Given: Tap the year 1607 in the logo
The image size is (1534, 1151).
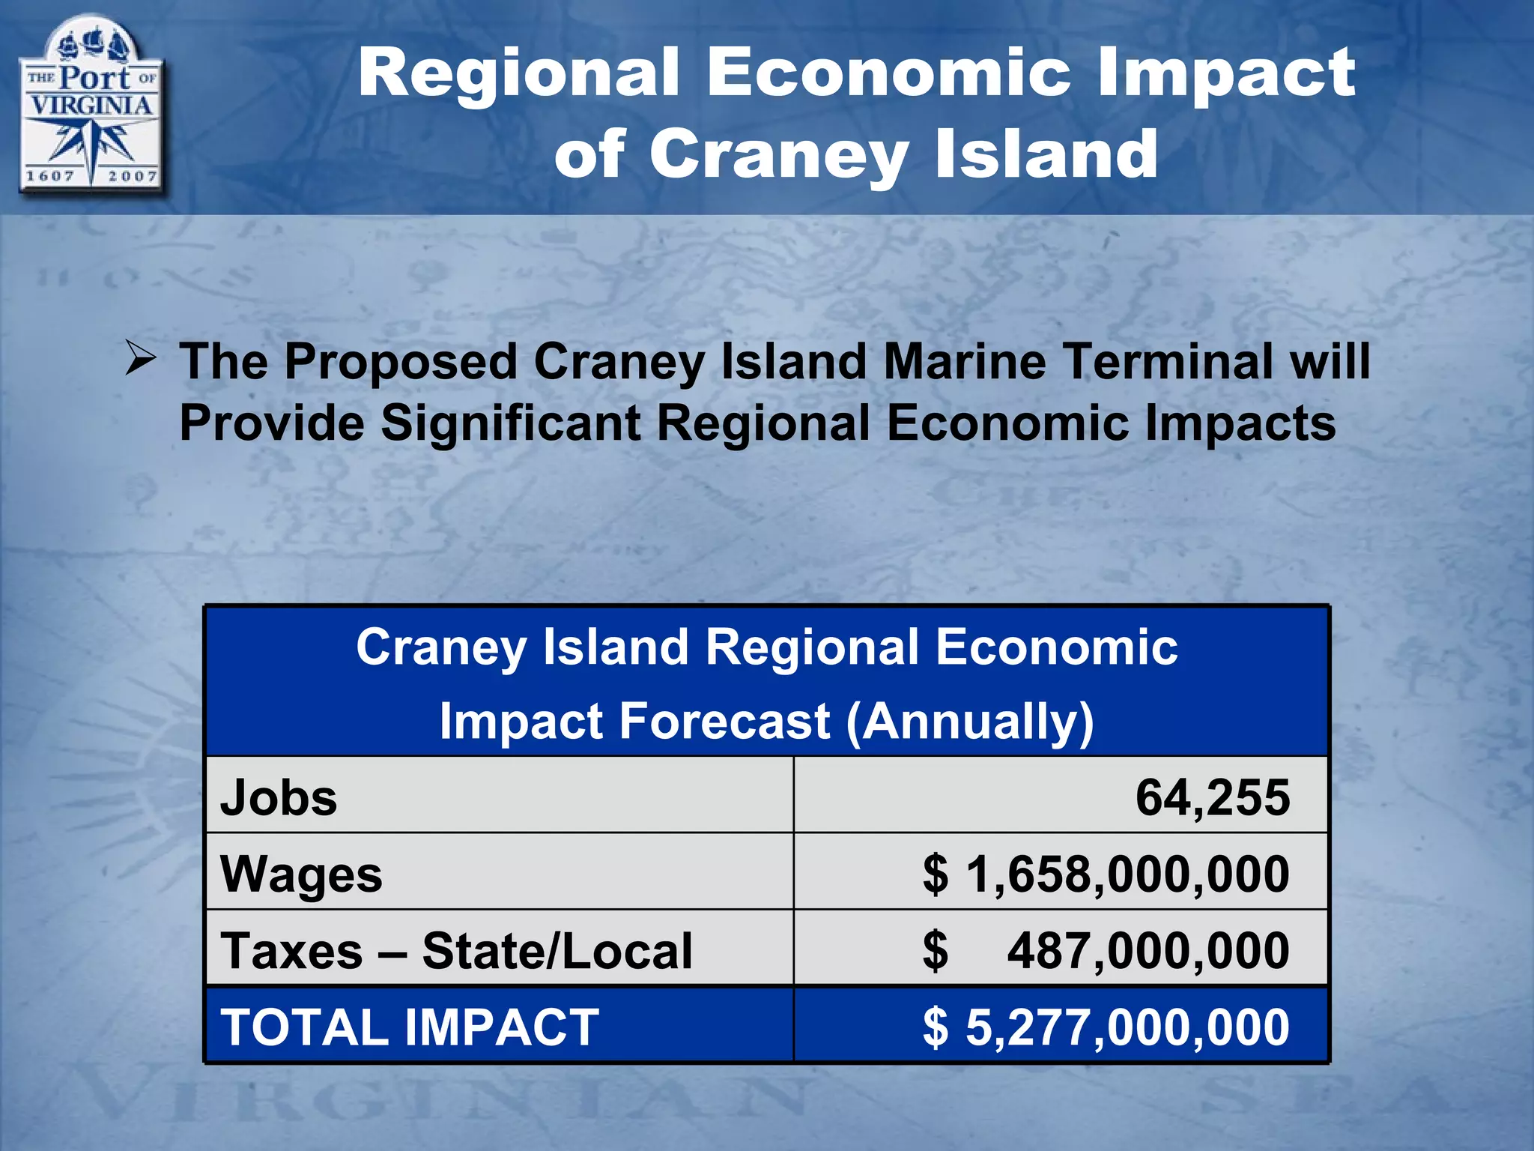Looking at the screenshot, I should (50, 176).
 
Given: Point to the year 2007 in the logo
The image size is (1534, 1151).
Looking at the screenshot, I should (132, 176).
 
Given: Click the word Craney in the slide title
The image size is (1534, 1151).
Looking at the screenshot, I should (779, 154).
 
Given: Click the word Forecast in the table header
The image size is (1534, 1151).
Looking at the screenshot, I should (725, 722).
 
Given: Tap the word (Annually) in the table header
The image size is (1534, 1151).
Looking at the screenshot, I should (969, 722).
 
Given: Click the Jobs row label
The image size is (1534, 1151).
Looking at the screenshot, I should (279, 797).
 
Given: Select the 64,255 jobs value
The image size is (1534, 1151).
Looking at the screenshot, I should (1212, 797).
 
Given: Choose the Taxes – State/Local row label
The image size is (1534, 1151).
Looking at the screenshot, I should (456, 951).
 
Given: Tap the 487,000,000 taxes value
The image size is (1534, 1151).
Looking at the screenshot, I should (1148, 951).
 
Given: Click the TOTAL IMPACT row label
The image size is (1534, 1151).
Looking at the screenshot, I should (410, 1027).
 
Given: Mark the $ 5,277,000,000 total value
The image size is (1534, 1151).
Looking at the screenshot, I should (1106, 1027).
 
